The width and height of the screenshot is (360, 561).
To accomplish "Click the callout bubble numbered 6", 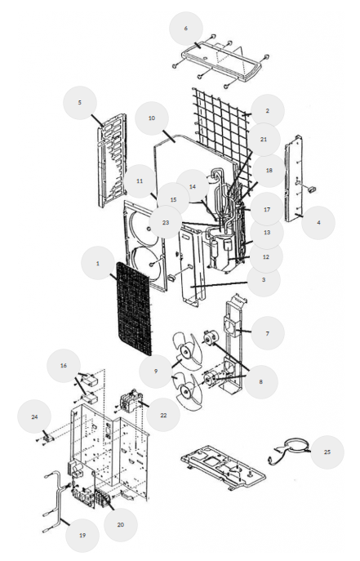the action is [185, 29].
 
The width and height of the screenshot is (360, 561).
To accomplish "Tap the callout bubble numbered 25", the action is [327, 452].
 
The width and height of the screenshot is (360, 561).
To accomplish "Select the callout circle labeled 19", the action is [82, 535].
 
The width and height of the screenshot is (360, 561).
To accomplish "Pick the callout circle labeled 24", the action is [34, 416].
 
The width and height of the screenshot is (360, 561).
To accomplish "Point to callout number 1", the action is [98, 263].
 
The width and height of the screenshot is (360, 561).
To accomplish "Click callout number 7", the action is [268, 333].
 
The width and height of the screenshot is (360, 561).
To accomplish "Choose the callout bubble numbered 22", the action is [163, 415].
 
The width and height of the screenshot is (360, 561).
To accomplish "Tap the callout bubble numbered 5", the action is [79, 102].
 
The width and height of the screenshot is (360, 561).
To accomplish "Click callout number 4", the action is [318, 222].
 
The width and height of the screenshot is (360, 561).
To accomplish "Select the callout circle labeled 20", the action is [121, 524].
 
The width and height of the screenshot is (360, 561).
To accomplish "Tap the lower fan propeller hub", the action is [186, 391].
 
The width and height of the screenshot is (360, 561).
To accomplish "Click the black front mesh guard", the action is [135, 308].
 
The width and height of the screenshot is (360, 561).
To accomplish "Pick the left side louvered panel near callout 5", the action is [113, 159].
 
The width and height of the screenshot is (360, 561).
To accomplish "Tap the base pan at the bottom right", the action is [224, 468].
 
